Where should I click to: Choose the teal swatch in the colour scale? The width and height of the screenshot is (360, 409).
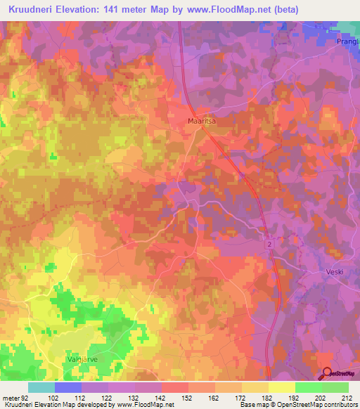click(x=41, y=387)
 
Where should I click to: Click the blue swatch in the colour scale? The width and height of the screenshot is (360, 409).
click(x=68, y=387)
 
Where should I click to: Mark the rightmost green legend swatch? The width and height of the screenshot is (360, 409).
click(x=335, y=387)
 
